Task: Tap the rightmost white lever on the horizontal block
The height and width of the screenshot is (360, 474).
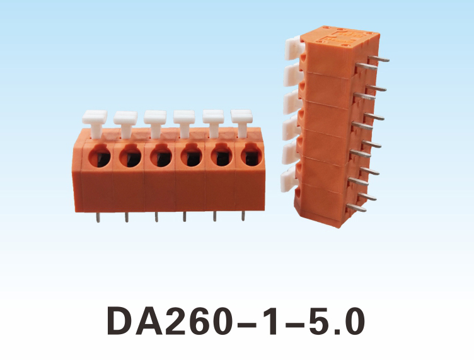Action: (x=241, y=123)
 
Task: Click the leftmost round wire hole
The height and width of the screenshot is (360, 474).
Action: (x=100, y=155)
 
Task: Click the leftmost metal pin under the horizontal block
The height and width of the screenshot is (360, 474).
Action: (x=98, y=218)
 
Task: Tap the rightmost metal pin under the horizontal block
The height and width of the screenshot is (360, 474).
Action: (x=243, y=216)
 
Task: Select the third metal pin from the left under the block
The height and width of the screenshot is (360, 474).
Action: (x=156, y=217)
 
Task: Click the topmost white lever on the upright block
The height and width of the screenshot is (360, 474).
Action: (x=295, y=48)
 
